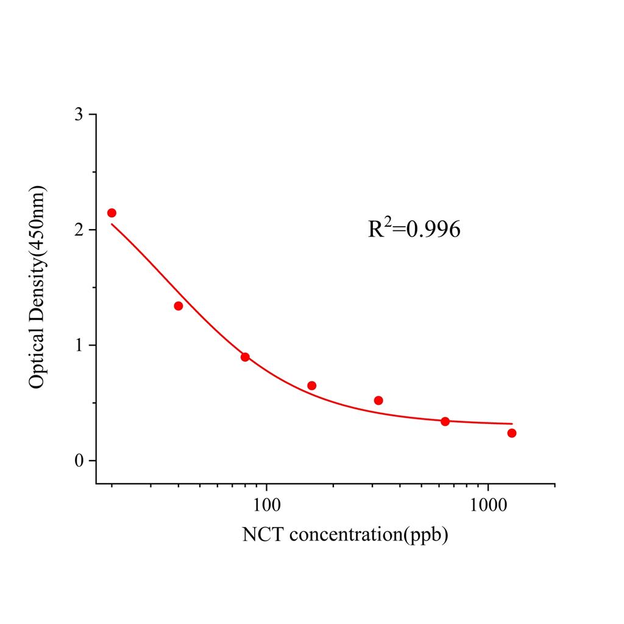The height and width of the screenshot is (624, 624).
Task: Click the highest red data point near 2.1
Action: coord(112,213)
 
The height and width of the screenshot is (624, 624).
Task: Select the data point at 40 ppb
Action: coord(178,306)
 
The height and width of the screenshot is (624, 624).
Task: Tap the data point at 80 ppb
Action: coord(245,357)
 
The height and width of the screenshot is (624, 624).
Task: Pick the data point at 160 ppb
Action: coord(311,386)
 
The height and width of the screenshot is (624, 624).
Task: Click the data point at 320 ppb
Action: coord(378,400)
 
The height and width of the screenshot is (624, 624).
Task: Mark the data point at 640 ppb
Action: coord(445,422)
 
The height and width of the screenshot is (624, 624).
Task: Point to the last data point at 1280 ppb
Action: coord(512,433)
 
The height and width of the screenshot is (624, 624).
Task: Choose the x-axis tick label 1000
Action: coord(488,505)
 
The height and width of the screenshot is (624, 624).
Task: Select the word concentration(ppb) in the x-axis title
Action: coord(369,535)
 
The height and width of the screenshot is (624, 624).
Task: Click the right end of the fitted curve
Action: coord(512,424)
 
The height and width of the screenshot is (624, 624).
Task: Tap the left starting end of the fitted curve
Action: coord(112,224)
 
